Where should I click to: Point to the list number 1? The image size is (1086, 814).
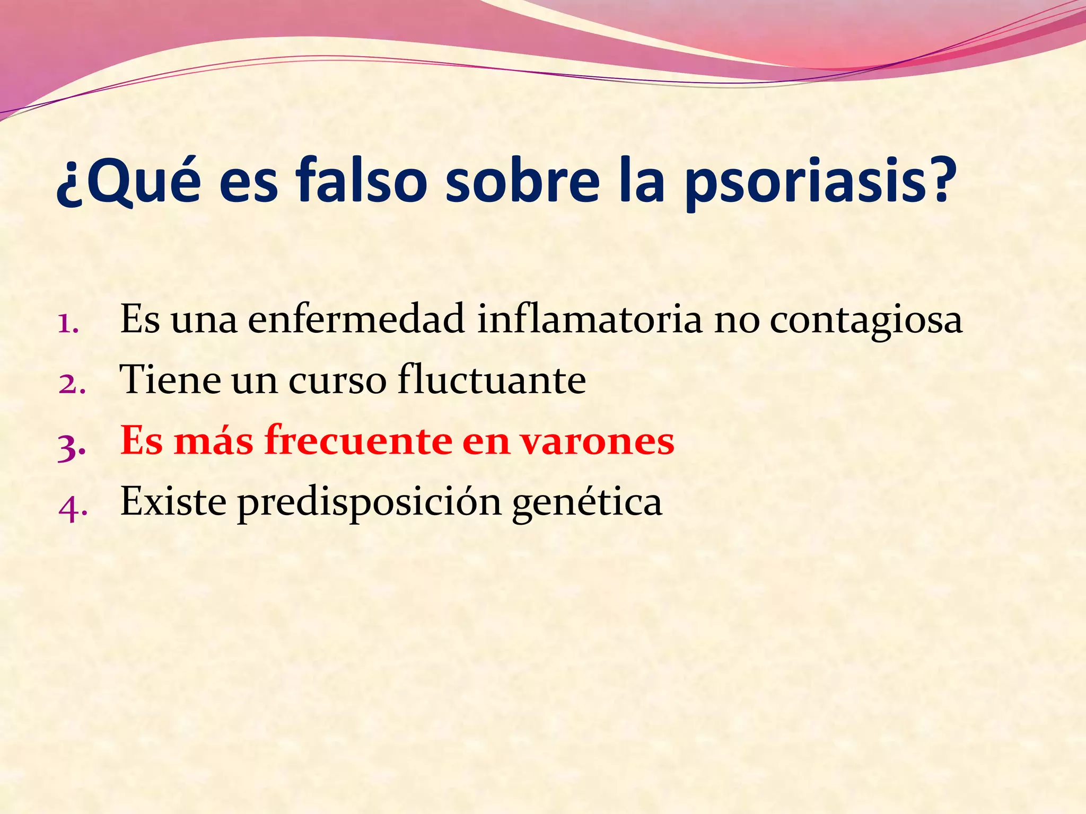click(68, 323)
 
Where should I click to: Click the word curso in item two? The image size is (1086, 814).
click(337, 382)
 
